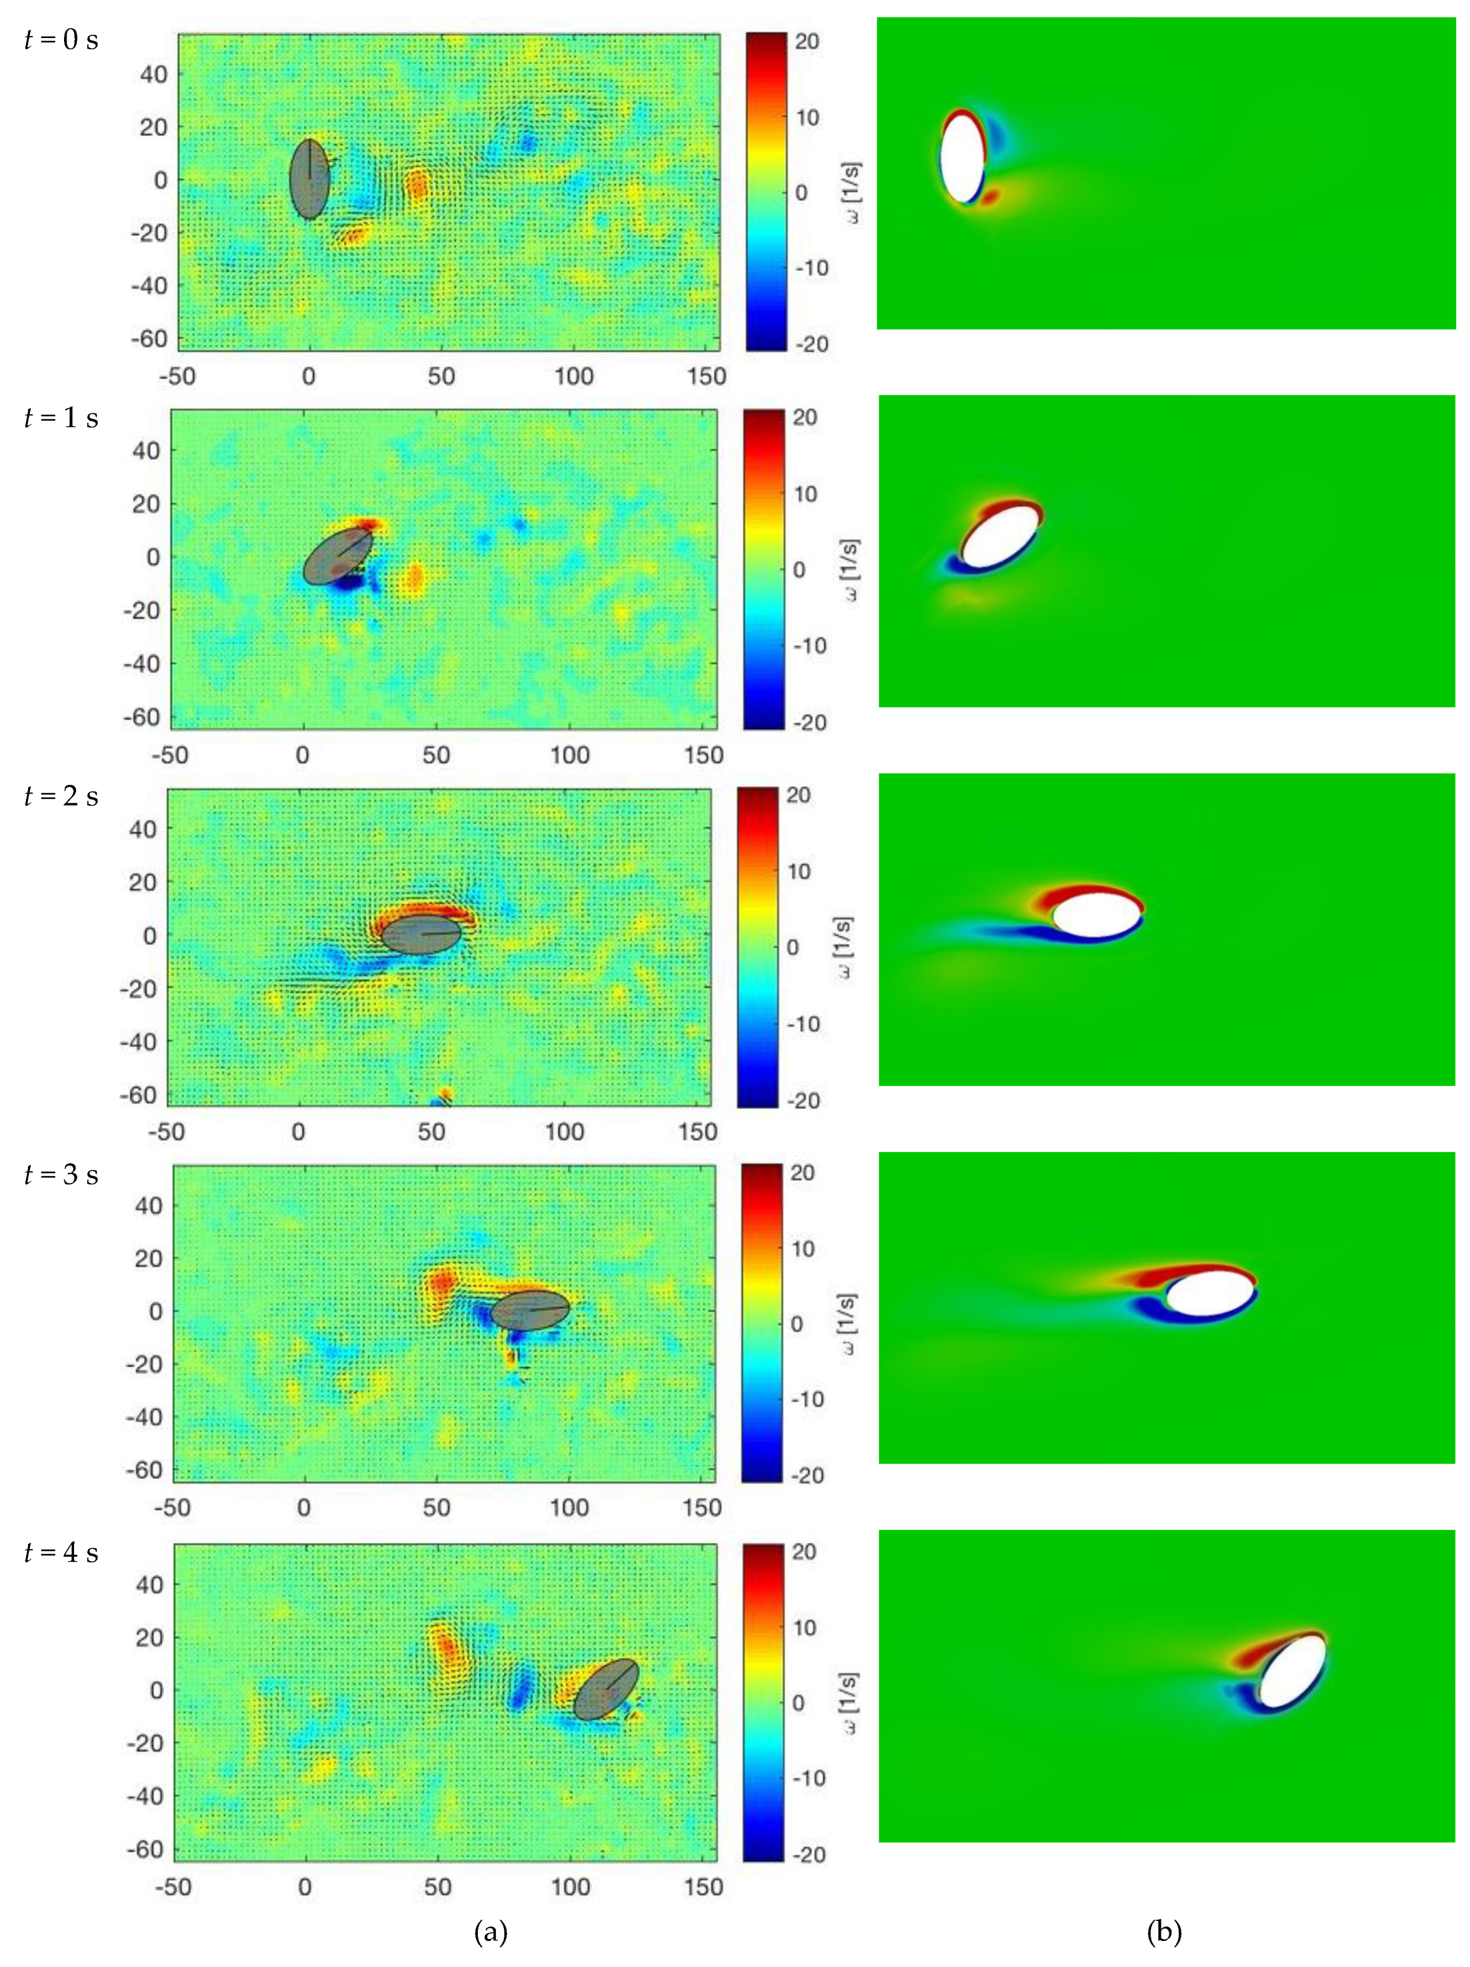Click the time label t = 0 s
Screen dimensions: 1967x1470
pos(61,40)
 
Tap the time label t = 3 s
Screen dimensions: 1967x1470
pos(61,1175)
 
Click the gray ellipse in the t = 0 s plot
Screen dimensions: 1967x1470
pos(310,179)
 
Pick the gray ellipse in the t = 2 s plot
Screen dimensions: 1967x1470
pos(421,935)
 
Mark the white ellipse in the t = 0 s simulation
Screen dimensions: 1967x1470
pos(962,158)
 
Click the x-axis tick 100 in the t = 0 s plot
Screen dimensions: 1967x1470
pos(573,376)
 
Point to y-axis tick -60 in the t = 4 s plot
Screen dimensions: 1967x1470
pos(145,1849)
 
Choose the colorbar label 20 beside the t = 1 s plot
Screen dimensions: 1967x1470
pos(804,418)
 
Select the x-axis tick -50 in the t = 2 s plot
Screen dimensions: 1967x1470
pos(166,1132)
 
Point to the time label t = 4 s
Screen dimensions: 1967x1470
pos(61,1553)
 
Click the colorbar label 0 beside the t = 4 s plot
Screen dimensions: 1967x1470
pos(798,1702)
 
